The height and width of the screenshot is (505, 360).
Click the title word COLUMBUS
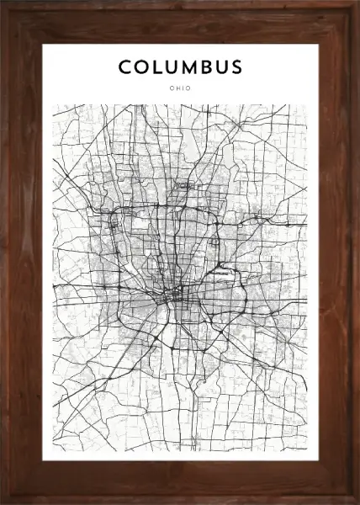(180, 66)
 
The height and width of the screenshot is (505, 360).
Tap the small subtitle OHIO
(180, 88)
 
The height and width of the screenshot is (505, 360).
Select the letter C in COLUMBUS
(124, 66)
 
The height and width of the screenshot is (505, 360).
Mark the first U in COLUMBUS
(174, 66)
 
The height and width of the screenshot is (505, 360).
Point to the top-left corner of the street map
(54, 104)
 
